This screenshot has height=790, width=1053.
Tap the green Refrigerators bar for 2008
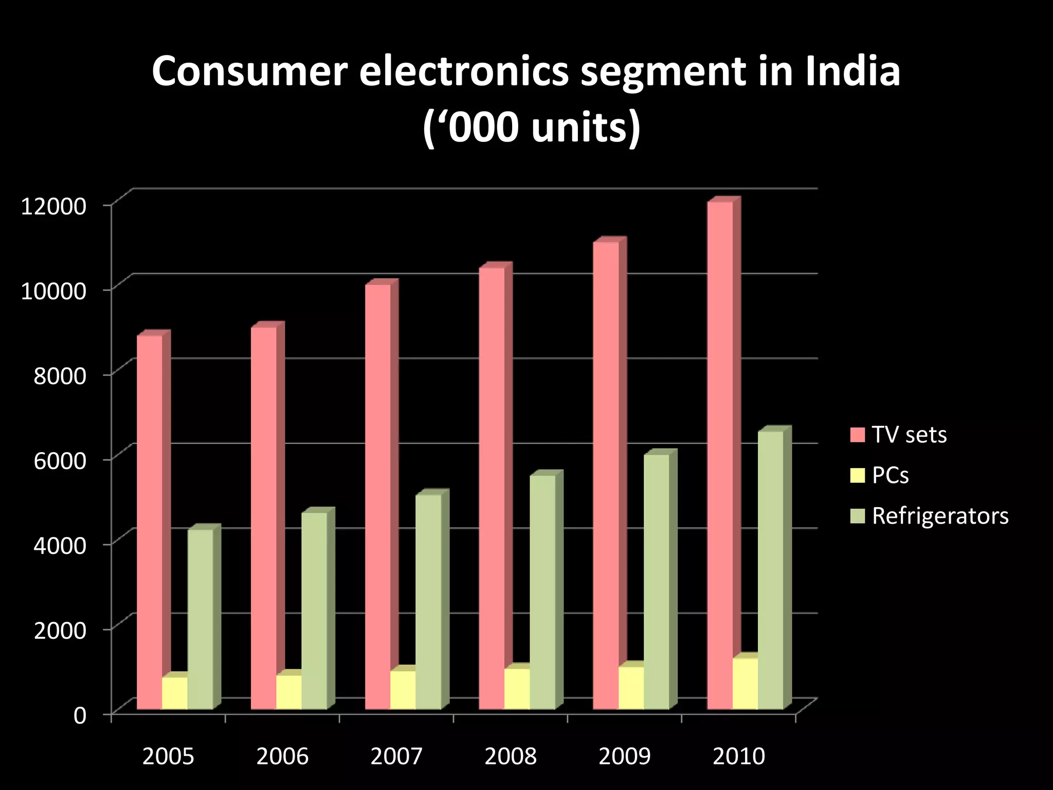coord(542,591)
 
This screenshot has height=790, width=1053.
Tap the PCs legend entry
coord(889,476)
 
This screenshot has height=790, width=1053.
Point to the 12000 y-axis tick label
coord(53,206)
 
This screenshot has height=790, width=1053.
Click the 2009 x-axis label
coord(624,757)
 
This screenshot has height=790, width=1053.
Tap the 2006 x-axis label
coord(282,757)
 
